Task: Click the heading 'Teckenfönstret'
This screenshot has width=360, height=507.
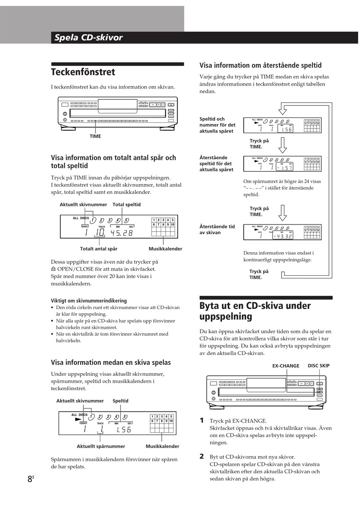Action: tap(83, 72)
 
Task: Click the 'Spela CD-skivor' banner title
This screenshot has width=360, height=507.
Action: tap(88, 38)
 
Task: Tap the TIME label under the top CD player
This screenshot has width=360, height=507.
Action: tap(95, 137)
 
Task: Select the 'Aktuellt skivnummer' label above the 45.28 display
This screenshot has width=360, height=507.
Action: tap(83, 205)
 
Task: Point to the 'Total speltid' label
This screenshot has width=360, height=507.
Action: tap(127, 205)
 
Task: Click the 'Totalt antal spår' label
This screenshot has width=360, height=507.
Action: tap(99, 249)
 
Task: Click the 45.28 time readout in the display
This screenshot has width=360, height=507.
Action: tap(122, 233)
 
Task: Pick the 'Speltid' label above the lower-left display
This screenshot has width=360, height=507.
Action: tap(121, 401)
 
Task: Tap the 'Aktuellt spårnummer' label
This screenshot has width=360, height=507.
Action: tap(101, 447)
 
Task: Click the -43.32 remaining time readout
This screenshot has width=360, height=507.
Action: tap(283, 236)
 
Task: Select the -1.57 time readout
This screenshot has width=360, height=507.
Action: tap(284, 168)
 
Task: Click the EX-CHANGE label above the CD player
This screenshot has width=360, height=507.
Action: tap(286, 366)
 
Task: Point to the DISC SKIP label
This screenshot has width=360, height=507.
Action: tap(319, 366)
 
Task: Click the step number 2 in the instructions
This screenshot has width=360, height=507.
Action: tap(202, 457)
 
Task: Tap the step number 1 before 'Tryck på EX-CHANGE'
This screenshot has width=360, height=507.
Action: tap(202, 421)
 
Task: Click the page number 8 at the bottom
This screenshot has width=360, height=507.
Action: tap(30, 479)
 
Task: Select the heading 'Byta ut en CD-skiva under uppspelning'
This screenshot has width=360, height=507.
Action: tap(255, 311)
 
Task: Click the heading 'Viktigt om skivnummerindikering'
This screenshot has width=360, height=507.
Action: tap(89, 301)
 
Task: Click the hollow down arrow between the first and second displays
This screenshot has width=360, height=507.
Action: tap(283, 144)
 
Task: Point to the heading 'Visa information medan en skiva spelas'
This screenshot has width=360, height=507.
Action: tap(111, 363)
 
